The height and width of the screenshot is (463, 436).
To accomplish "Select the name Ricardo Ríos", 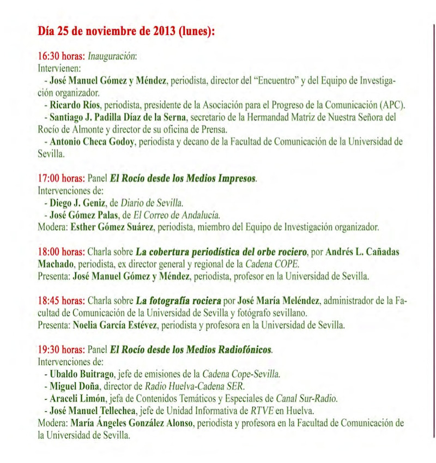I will (74, 105).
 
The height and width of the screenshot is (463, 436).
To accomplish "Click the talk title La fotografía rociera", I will (178, 300).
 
